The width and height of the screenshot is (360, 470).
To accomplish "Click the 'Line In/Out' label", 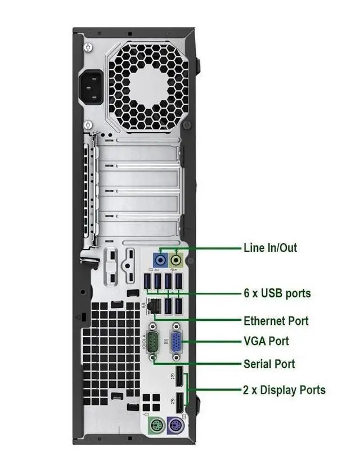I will [x=270, y=248].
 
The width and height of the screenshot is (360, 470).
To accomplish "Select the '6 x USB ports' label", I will [x=277, y=293].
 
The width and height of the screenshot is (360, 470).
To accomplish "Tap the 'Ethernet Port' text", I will [x=276, y=321].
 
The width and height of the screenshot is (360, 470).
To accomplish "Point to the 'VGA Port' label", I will [x=266, y=341].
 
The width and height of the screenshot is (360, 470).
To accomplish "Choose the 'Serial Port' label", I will [x=269, y=364].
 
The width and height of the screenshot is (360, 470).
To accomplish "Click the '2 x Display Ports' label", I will [x=284, y=390].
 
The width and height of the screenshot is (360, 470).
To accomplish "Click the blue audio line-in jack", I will [x=161, y=260].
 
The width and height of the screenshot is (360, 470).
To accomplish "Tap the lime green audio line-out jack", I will [x=177, y=260].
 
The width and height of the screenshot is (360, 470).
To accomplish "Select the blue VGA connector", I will [x=176, y=341].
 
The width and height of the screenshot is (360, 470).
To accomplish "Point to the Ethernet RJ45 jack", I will [x=152, y=307].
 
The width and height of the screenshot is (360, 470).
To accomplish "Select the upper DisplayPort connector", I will [x=178, y=377].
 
